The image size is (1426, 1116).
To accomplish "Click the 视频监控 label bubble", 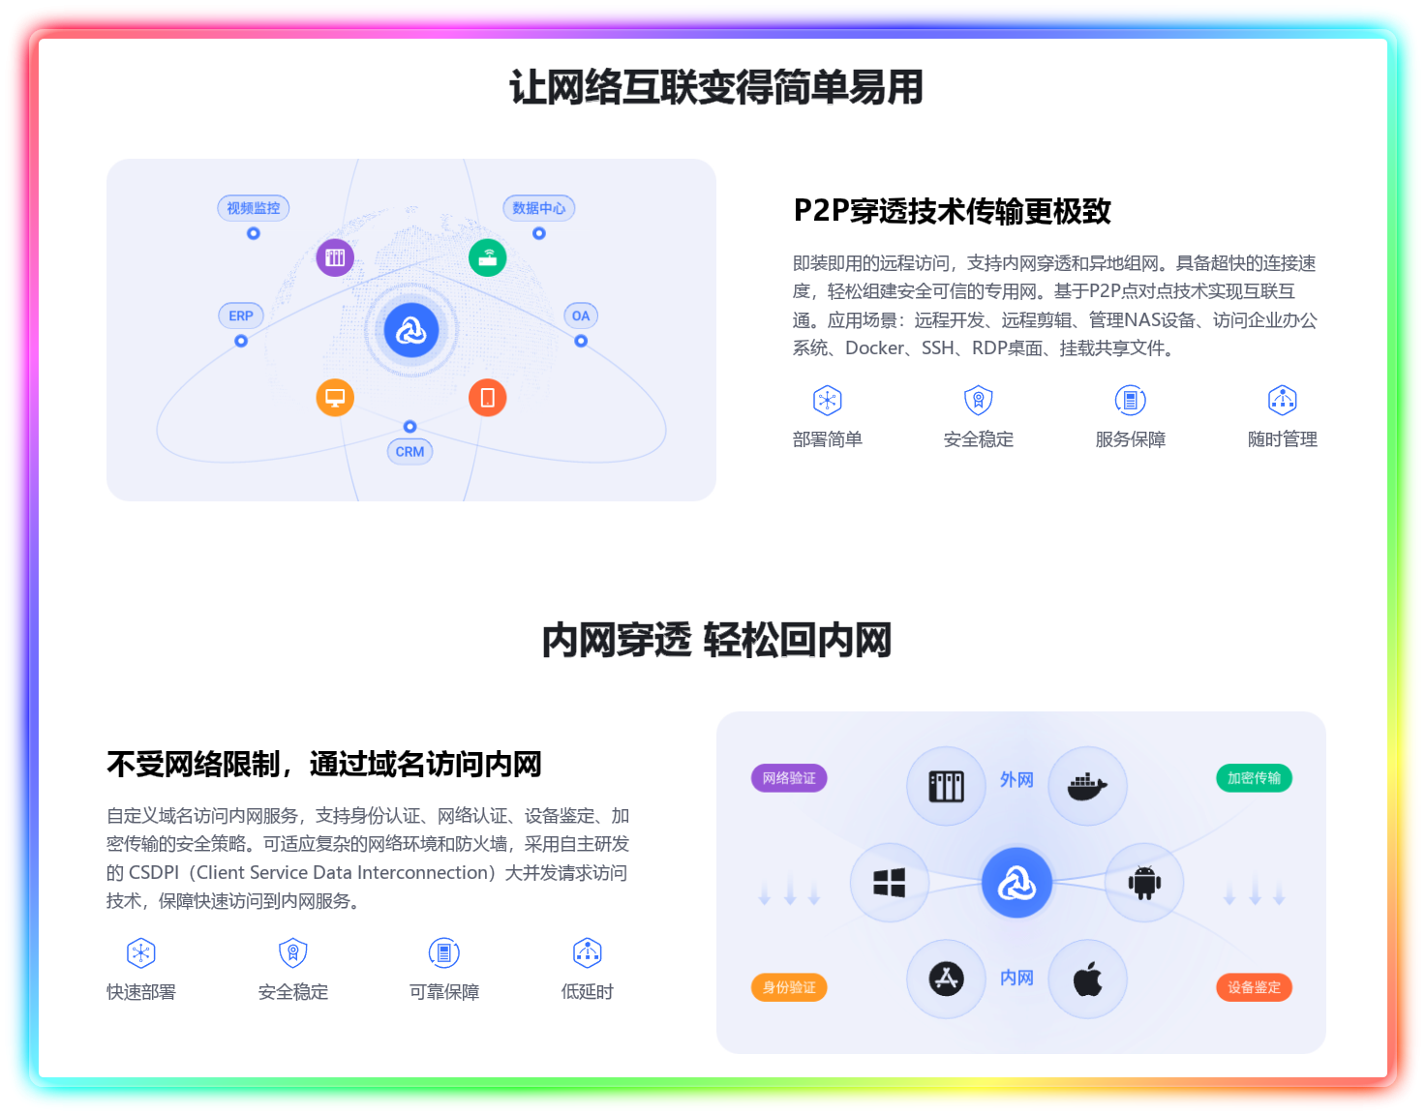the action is pyautogui.click(x=254, y=208).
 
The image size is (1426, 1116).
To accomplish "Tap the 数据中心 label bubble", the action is pyautogui.click(x=539, y=208).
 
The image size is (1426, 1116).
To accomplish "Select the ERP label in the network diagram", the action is pyautogui.click(x=241, y=316).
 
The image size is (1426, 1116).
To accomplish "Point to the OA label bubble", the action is pyautogui.click(x=581, y=316).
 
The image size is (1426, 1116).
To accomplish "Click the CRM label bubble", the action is pyautogui.click(x=410, y=452).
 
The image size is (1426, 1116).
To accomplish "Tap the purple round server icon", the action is pyautogui.click(x=335, y=257).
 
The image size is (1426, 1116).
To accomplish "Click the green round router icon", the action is pyautogui.click(x=488, y=257).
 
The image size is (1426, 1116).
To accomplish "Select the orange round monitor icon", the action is pyautogui.click(x=335, y=398).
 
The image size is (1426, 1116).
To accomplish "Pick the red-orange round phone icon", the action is pyautogui.click(x=488, y=398).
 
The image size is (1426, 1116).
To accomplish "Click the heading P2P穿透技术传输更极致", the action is pyautogui.click(x=952, y=211).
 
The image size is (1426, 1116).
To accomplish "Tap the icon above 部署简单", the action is pyautogui.click(x=828, y=400).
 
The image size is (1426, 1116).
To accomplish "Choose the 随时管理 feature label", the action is pyautogui.click(x=1282, y=439).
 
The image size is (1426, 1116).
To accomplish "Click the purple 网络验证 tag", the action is pyautogui.click(x=789, y=778).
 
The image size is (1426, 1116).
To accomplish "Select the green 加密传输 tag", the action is pyautogui.click(x=1254, y=778).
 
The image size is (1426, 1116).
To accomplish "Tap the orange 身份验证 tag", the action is pyautogui.click(x=789, y=987).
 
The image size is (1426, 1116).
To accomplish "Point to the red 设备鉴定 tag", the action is pyautogui.click(x=1254, y=987).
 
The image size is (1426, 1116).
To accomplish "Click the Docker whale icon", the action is pyautogui.click(x=1087, y=786).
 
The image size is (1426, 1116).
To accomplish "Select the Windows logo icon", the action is pyautogui.click(x=889, y=883).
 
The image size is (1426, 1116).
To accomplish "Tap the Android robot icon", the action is pyautogui.click(x=1144, y=883).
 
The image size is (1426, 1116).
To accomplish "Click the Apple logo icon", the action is pyautogui.click(x=1087, y=980).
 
